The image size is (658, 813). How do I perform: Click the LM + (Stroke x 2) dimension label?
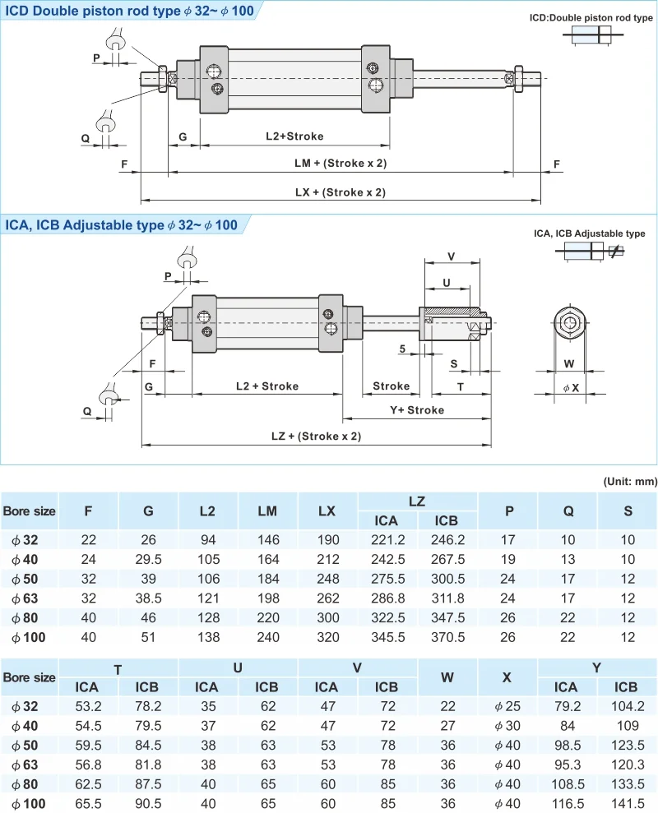[340, 163]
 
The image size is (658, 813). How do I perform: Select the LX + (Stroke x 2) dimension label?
[340, 192]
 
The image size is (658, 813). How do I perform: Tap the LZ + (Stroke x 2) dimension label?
[316, 437]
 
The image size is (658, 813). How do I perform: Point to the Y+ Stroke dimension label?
[416, 410]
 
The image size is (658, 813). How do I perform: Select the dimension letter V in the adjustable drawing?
[451, 256]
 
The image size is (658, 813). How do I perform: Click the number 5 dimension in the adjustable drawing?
[402, 349]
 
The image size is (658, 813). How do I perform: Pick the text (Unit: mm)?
[629, 481]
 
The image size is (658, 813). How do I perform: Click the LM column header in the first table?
[267, 510]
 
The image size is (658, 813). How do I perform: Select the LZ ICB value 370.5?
[447, 636]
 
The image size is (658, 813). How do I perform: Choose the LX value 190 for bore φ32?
[327, 539]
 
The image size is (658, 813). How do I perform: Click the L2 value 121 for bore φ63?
[207, 598]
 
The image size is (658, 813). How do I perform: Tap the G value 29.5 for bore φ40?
[148, 559]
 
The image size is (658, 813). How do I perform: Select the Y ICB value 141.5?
[626, 803]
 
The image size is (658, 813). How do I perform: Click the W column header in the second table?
[447, 678]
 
